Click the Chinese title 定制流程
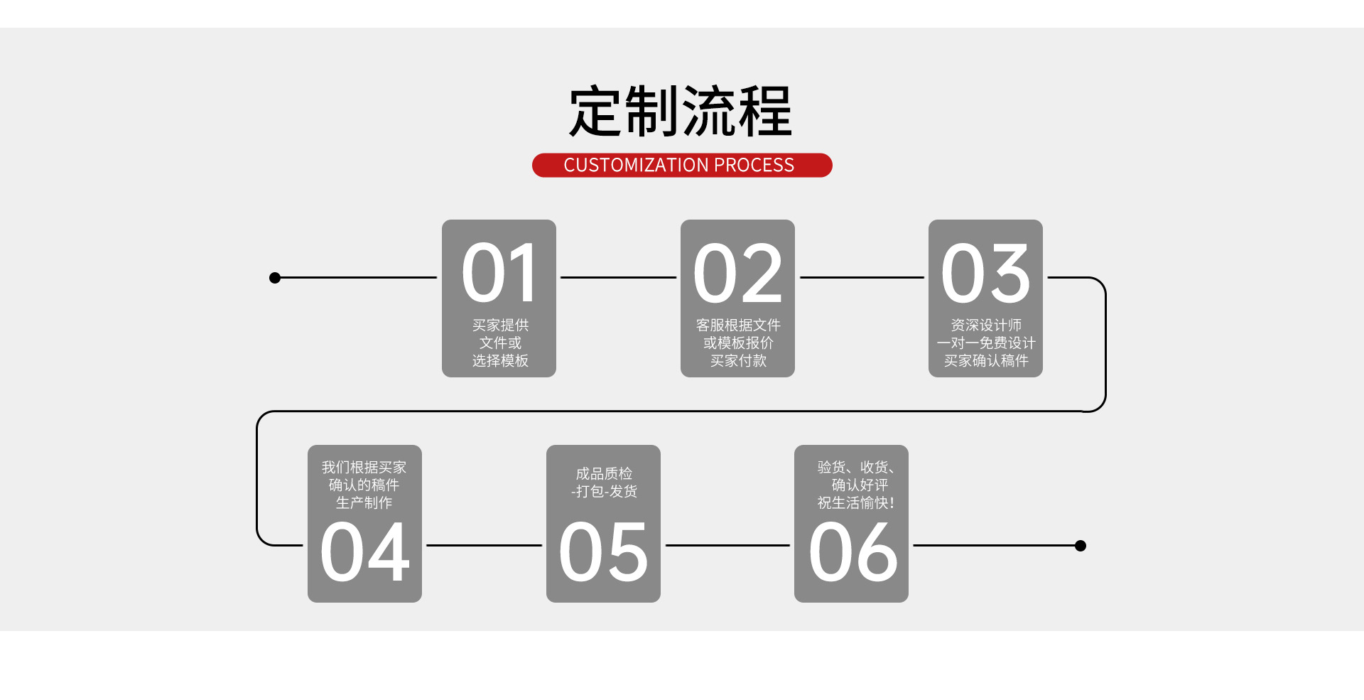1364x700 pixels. click(680, 112)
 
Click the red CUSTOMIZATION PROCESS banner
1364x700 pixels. click(682, 166)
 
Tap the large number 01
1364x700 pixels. click(499, 273)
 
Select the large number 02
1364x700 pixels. click(737, 273)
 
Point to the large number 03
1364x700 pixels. click(985, 273)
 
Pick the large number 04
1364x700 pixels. click(364, 551)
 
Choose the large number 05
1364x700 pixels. click(603, 551)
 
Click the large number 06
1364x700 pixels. click(852, 551)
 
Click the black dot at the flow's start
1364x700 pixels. click(275, 278)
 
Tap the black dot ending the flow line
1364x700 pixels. click(1081, 546)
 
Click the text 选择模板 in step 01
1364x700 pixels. click(500, 361)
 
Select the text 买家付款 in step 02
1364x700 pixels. click(738, 361)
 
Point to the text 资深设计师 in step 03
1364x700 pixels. click(986, 325)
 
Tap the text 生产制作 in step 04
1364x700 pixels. click(364, 503)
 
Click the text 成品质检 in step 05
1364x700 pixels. click(604, 473)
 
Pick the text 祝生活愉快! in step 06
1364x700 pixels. click(855, 503)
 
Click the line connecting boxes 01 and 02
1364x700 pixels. click(618, 277)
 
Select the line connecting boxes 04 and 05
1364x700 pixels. click(484, 545)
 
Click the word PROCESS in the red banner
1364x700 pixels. click(754, 166)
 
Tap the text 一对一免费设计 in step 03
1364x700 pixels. click(986, 343)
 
